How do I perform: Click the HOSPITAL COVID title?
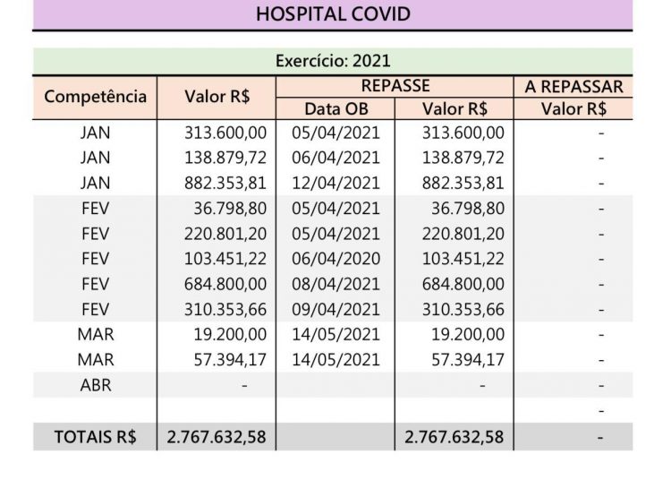(333, 14)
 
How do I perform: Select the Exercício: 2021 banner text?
(333, 62)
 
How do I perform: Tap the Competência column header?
(95, 97)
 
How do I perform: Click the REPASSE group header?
(395, 86)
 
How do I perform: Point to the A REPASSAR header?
(573, 86)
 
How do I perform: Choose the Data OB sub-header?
(335, 109)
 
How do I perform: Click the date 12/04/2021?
(335, 184)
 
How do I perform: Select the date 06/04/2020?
(335, 259)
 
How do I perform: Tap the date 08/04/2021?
(335, 284)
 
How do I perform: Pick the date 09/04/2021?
(335, 309)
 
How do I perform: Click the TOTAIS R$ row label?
(95, 437)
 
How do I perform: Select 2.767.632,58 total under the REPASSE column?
(454, 437)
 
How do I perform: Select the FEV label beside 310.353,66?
(95, 309)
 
